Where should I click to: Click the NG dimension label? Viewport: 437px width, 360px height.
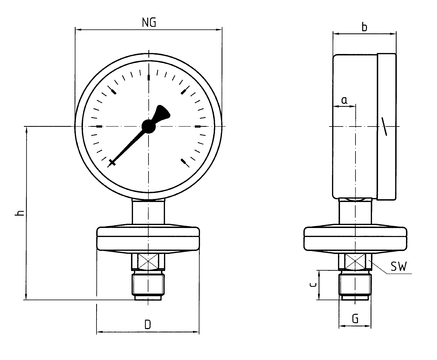149,22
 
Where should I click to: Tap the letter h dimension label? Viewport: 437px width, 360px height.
20,212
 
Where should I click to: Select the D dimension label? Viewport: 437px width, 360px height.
148,324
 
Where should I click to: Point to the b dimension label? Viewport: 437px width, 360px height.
364,27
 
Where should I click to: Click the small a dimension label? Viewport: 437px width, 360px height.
345,100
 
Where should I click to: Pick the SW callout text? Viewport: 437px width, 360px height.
399,266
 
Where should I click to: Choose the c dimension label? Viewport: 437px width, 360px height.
313,284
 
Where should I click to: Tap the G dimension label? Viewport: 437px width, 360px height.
355,319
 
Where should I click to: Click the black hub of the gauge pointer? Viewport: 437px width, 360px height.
148,126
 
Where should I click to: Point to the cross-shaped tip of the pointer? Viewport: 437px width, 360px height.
112,162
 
